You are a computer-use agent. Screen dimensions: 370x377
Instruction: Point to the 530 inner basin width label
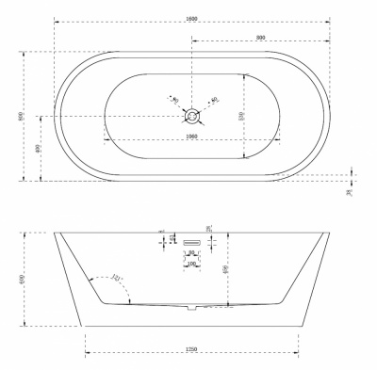pos(241,116)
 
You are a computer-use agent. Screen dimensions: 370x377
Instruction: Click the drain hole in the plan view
pos(192,116)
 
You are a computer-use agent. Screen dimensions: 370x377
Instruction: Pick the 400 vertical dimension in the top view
pos(38,149)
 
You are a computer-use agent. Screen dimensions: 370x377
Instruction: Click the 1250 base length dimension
pos(191,350)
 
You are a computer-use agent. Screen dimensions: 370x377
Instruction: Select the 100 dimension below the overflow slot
pos(192,264)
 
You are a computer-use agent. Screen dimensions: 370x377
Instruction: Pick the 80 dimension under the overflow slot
pos(192,252)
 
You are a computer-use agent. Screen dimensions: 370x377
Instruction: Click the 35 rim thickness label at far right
pos(349,192)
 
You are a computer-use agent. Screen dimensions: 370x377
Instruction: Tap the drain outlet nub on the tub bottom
pos(192,306)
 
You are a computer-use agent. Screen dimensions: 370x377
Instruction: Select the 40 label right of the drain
pos(215,100)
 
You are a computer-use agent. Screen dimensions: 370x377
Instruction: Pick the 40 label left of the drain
pos(172,98)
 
